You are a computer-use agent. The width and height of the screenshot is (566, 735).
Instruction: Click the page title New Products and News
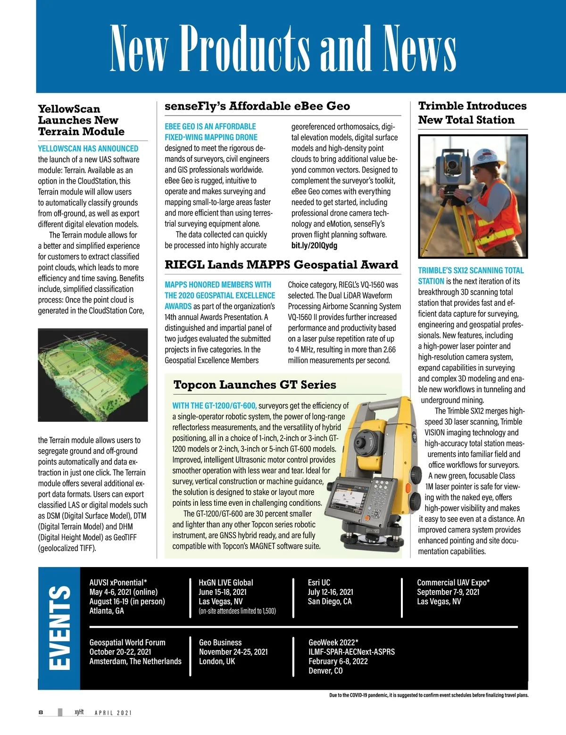coord(283,48)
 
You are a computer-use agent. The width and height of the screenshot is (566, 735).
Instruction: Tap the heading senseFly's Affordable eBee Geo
coord(257,106)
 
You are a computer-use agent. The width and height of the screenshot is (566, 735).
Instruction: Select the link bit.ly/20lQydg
coord(314,245)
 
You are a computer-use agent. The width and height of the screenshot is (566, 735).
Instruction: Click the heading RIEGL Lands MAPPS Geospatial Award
coord(281,265)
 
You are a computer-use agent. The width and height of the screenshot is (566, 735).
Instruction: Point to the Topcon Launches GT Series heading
coord(255,385)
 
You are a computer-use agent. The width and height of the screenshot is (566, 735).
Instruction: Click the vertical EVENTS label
coord(59,628)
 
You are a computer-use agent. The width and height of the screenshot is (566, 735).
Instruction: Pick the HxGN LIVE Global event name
coord(225,583)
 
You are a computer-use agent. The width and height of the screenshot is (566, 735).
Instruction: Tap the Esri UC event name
coord(319,583)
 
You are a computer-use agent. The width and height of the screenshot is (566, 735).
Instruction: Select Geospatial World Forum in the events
coord(127,643)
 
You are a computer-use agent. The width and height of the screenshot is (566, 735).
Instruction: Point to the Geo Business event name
coord(220,643)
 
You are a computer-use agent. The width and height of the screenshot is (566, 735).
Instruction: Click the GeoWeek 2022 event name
coord(333,643)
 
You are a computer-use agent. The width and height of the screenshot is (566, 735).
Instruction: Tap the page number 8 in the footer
coord(41,712)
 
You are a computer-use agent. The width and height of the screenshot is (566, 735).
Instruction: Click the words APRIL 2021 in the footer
coord(113,713)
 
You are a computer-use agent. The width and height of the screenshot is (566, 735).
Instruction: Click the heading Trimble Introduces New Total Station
coord(472,113)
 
